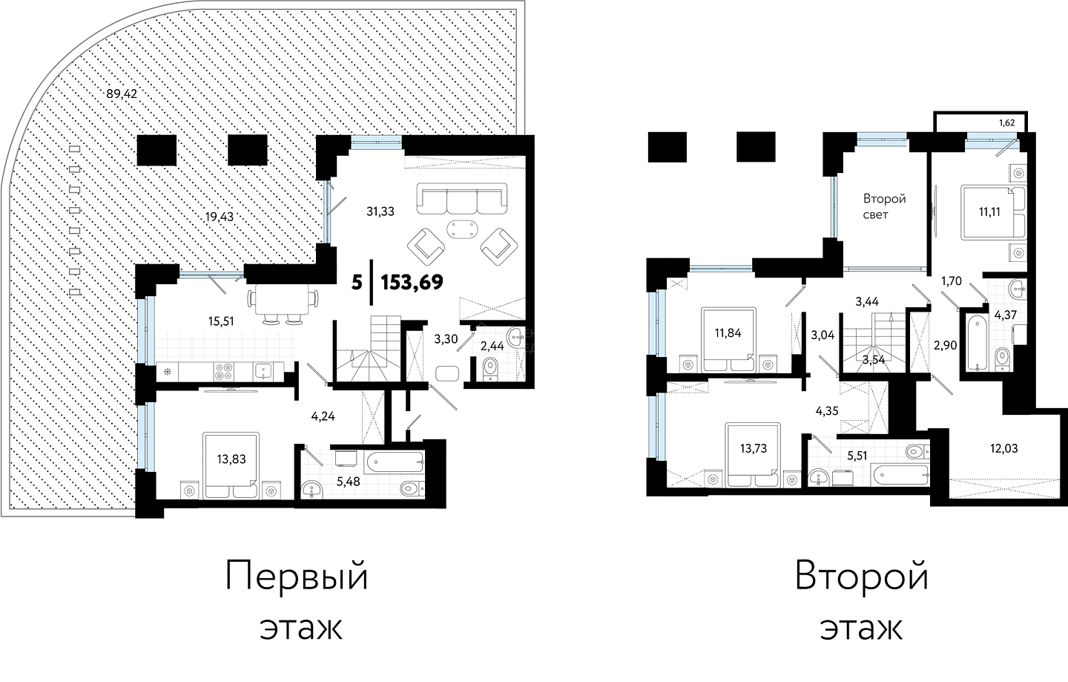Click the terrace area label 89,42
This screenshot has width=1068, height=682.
(122, 94)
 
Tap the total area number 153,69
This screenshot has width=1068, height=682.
(412, 282)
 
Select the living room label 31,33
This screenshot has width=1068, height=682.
(380, 212)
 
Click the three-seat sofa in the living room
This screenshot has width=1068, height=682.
(461, 200)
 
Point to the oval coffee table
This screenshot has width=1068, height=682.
(461, 229)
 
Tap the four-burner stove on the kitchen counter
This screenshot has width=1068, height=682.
(224, 371)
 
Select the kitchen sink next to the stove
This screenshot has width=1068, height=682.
(264, 370)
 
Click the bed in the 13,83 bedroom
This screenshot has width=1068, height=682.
(231, 466)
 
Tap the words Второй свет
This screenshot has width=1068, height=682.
(884, 206)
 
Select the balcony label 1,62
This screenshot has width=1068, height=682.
(1007, 123)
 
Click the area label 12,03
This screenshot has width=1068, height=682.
(1004, 448)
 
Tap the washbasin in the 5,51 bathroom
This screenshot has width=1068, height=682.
(819, 476)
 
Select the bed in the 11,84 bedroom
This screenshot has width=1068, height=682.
(728, 340)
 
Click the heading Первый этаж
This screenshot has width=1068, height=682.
(297, 602)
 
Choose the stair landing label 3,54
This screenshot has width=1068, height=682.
(874, 360)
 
